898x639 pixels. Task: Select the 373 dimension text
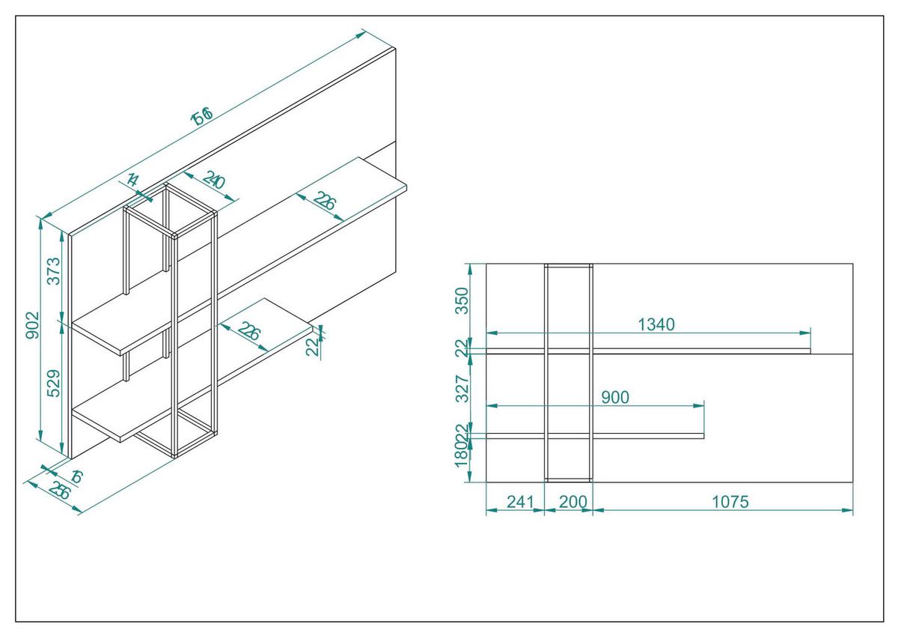(x=52, y=270)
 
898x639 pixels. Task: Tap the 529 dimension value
(x=52, y=385)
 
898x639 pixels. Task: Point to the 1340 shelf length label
(x=656, y=324)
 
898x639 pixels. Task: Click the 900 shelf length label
(x=615, y=397)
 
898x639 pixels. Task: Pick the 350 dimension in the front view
(x=462, y=300)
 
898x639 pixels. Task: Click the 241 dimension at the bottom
(x=513, y=502)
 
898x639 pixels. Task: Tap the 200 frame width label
(x=572, y=502)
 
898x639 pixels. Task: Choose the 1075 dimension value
(x=730, y=502)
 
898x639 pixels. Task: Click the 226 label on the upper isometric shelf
(x=325, y=202)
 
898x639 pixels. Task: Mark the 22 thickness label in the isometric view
(x=314, y=345)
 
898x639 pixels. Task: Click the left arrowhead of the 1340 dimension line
(x=491, y=332)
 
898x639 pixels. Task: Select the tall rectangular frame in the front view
(x=569, y=372)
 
